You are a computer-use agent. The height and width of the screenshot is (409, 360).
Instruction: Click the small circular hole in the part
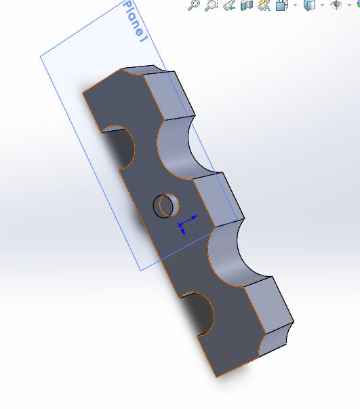(x=166, y=204)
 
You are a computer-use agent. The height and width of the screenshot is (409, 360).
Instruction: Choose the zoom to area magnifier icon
(x=212, y=5)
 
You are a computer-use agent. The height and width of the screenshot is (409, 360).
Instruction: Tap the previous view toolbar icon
(x=229, y=5)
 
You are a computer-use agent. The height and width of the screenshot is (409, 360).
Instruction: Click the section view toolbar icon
(x=246, y=5)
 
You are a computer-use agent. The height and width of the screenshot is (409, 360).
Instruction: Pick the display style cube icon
(x=309, y=5)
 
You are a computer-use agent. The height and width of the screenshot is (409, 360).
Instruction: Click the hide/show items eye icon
(x=336, y=5)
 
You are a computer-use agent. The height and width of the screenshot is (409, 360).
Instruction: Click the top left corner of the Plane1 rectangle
(x=41, y=56)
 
